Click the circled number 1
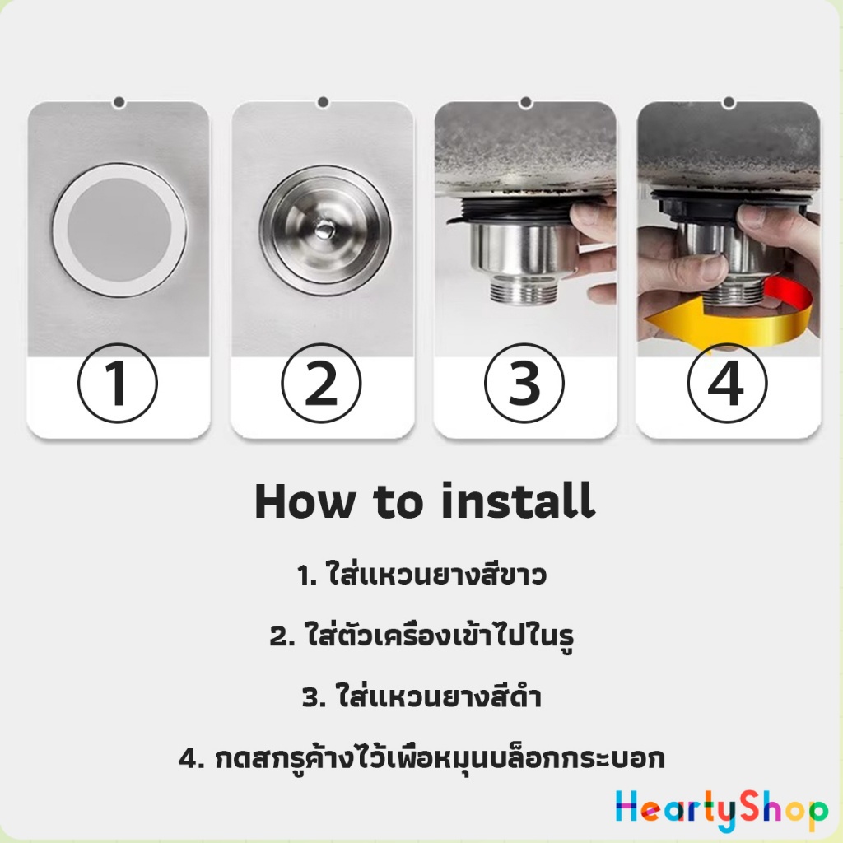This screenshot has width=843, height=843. pos(118,384)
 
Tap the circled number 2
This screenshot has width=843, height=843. pos(321,384)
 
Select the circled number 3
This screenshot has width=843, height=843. pos(524,384)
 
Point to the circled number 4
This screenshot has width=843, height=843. pos(727,384)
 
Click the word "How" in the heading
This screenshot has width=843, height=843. pos(305,501)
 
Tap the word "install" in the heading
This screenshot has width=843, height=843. pos(518,500)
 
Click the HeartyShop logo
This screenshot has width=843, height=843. pos(721,810)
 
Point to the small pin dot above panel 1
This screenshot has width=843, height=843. pos(119,101)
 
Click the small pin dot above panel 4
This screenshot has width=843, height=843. pos(729,101)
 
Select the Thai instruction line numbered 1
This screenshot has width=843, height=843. pos(421,574)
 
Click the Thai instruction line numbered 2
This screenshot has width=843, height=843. pos(421,635)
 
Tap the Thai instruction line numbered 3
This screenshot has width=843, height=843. pos(421,696)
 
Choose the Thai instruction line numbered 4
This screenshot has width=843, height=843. pos(421,757)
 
